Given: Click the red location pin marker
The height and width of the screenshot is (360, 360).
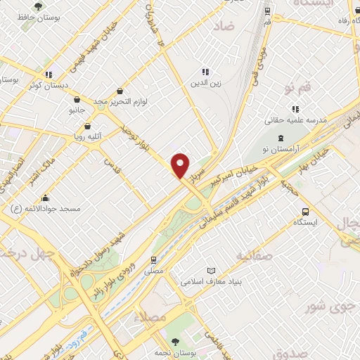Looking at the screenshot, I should (181, 165).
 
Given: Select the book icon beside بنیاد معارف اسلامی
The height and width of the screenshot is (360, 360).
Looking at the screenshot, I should (211, 271).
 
